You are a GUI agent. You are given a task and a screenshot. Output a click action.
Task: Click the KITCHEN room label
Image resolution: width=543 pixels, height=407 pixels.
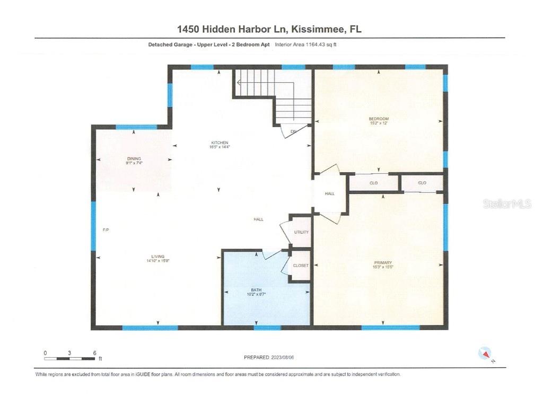click(220, 143)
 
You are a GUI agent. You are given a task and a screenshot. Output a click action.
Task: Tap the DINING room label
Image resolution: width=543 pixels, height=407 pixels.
click(134, 158)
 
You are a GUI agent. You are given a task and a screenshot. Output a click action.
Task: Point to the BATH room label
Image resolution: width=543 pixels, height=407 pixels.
click(257, 290)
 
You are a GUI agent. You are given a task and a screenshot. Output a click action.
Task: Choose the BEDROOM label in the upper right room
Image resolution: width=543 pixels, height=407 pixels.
click(379, 118)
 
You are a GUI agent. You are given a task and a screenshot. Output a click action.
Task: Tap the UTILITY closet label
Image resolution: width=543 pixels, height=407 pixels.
click(301, 232)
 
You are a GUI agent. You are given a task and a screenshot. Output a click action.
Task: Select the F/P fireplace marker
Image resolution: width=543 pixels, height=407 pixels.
click(106, 230)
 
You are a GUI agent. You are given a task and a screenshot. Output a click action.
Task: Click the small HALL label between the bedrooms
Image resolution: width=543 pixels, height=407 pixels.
click(330, 194)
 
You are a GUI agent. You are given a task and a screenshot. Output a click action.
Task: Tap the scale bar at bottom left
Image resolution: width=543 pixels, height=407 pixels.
click(69, 359)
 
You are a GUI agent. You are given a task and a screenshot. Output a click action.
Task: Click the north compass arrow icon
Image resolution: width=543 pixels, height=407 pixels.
click(485, 353)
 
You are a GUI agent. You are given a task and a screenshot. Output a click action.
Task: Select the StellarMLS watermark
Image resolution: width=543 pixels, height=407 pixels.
click(506, 204)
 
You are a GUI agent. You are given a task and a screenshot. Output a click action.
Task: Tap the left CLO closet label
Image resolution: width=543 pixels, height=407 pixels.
click(373, 183)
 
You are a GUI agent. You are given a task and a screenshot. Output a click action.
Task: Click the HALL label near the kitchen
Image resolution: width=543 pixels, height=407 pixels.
click(258, 219)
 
